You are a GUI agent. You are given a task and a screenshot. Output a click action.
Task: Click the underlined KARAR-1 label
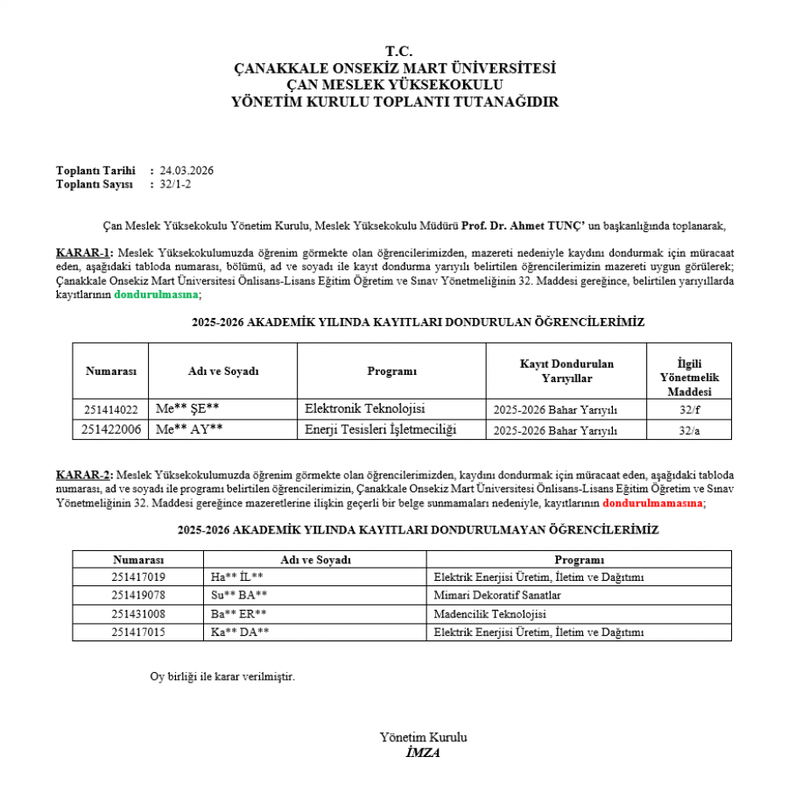pos(84,252)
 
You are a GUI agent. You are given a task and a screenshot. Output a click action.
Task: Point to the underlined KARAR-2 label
pos(84,473)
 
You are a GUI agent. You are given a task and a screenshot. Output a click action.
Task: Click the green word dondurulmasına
pos(157,295)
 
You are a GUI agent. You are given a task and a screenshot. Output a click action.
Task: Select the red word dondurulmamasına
pos(652,504)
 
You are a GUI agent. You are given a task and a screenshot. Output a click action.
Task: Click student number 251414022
pos(110,409)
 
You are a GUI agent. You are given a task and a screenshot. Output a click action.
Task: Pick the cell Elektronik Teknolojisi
pos(364,409)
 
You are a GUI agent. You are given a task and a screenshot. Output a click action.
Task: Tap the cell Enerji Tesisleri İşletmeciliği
pos(381,429)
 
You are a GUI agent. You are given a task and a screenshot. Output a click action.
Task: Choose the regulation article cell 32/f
pos(690,409)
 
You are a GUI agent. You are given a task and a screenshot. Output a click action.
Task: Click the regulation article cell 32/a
pos(690,430)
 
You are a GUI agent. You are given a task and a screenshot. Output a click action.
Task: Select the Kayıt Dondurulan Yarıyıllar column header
pos(566,371)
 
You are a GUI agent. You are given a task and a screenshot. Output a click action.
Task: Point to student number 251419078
pos(138,595)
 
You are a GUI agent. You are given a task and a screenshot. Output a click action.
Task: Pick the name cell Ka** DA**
pos(240,632)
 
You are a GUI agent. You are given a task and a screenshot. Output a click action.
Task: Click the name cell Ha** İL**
pos(237,576)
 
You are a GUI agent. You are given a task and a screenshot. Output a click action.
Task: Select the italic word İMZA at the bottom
pos(423,753)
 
